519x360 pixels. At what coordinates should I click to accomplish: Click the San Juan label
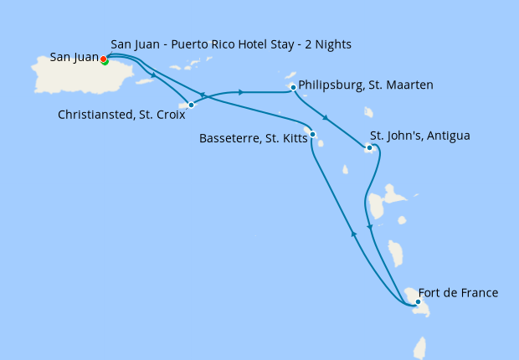coord(75,58)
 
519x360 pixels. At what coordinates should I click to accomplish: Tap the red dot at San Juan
coord(103,59)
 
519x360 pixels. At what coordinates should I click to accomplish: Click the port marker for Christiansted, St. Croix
coord(192,105)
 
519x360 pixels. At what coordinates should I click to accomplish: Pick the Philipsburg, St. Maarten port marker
coord(292,87)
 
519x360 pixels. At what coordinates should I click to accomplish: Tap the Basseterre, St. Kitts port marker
coord(311,134)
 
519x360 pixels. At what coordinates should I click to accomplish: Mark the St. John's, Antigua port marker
coord(368,149)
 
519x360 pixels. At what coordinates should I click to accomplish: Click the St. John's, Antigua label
coord(432,136)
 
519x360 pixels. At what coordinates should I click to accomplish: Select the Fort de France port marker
coord(418,302)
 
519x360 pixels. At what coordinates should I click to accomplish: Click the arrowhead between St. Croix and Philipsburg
coord(241,92)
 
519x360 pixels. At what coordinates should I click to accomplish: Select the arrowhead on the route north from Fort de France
coord(354,236)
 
